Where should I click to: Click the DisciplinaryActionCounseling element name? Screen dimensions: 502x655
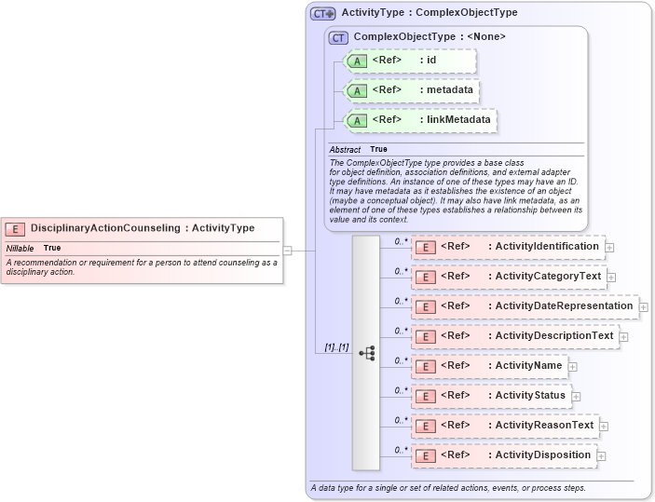pos(143,228)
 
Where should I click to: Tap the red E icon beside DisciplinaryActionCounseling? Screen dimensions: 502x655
pos(15,229)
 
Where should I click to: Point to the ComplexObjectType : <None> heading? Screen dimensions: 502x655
pos(430,36)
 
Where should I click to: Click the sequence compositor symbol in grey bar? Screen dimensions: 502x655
pos(366,353)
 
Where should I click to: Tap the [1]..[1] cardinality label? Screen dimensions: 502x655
pos(336,347)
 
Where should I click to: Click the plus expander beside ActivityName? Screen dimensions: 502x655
pos(573,367)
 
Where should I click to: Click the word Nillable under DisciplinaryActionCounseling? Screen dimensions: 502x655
pos(20,249)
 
